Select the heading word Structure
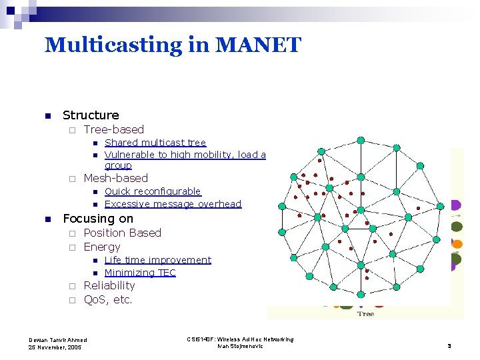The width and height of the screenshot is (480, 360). (91, 115)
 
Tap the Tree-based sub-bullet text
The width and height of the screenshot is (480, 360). (114, 129)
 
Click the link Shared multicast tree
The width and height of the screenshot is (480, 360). (155, 143)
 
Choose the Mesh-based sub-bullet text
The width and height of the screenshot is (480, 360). (116, 178)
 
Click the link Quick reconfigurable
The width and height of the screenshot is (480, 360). (153, 191)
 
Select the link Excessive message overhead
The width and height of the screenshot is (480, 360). (173, 204)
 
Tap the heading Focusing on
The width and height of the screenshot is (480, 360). (98, 219)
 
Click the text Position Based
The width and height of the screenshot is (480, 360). (123, 233)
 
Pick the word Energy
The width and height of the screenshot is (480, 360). (102, 247)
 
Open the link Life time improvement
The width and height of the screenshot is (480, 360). (158, 260)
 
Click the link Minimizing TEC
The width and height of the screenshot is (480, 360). (140, 273)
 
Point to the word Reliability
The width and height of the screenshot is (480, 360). (109, 285)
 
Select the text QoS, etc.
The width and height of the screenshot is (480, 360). (108, 300)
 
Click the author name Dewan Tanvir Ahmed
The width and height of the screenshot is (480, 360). (57, 340)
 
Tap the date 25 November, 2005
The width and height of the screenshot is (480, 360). (55, 347)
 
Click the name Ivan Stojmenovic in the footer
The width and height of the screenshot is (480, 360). (240, 346)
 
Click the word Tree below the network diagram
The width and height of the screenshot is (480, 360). (365, 313)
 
